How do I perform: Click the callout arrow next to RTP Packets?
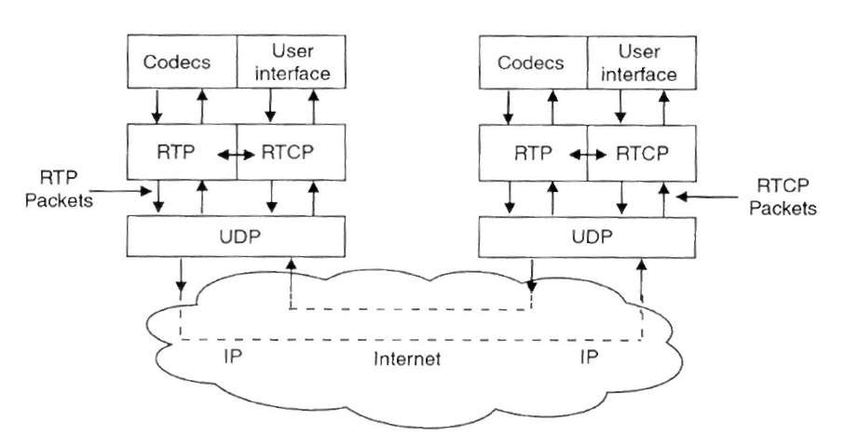click(121, 193)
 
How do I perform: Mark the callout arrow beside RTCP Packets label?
click(704, 197)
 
